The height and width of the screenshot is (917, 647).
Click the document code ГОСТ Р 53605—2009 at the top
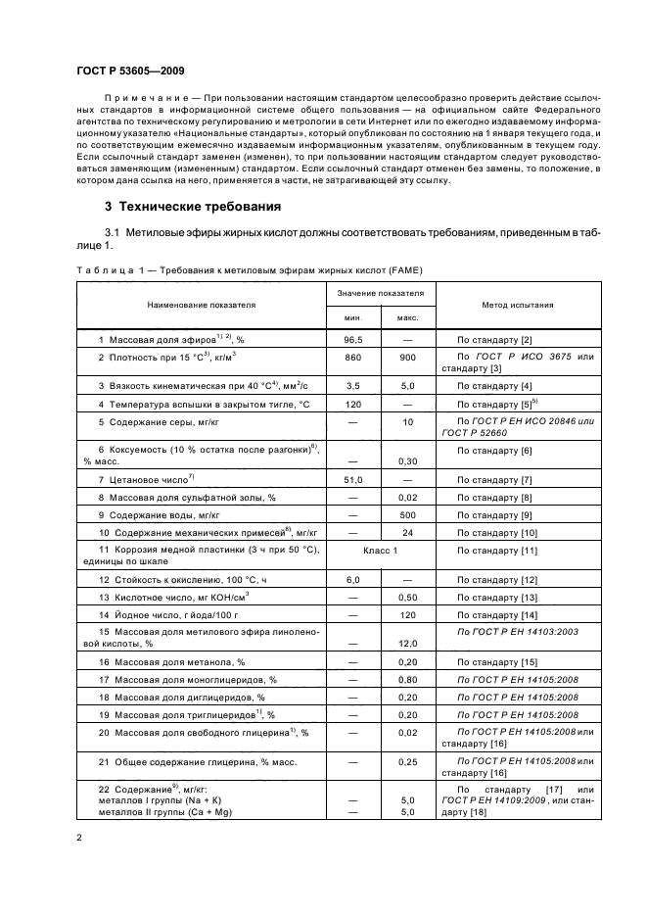[129, 71]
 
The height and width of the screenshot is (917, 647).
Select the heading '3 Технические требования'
[193, 207]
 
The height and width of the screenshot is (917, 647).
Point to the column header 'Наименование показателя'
[201, 305]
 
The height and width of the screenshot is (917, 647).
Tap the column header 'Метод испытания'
[517, 305]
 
